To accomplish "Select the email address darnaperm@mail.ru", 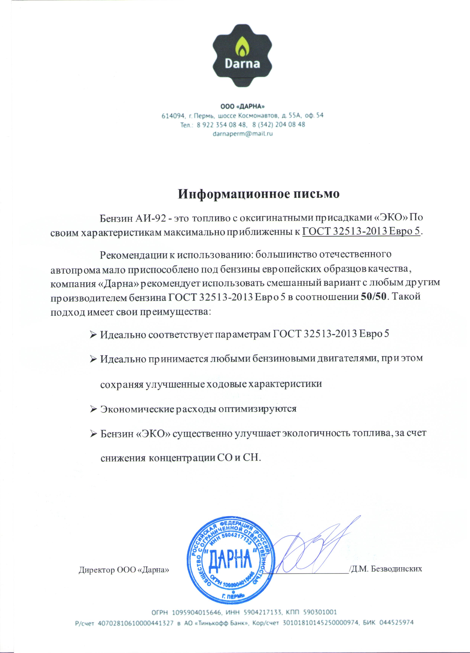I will (242, 134).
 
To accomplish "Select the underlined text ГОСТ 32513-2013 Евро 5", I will (361, 231).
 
